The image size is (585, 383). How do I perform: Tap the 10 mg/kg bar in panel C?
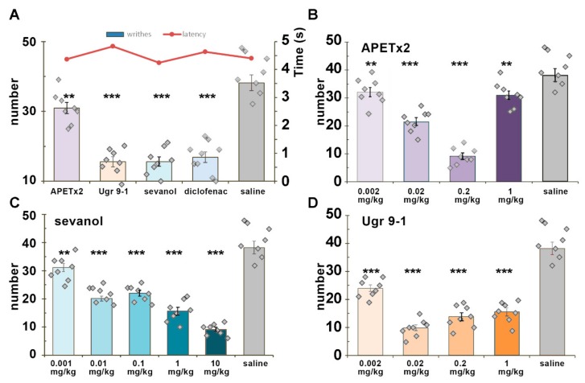click(216, 341)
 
